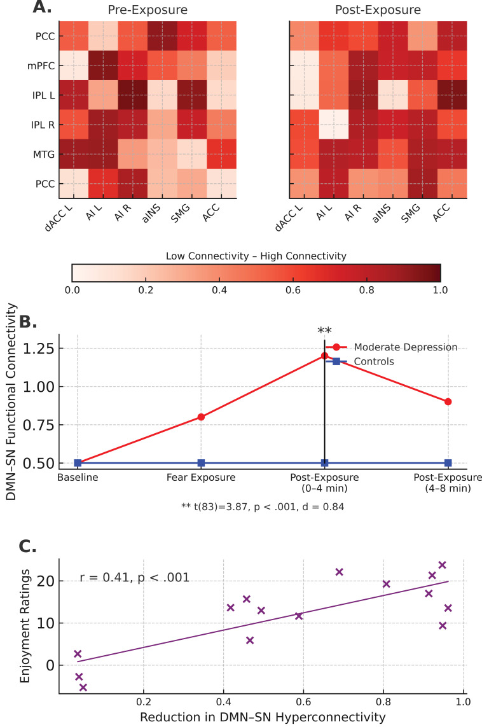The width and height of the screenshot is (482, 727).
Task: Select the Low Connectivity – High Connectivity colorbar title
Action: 256,256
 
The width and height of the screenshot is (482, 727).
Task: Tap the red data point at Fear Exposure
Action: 201,417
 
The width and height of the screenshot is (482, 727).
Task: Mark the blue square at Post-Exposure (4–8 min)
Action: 448,463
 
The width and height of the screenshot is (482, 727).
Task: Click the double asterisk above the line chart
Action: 324,331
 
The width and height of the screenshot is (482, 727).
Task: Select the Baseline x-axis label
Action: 78,478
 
